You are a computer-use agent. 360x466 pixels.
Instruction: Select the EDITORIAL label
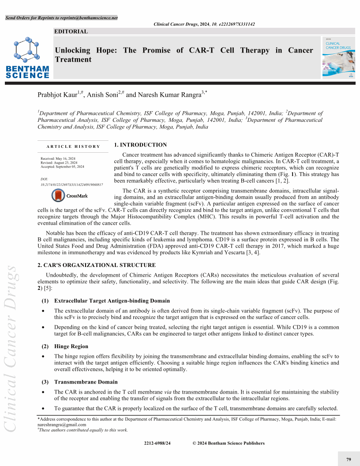coord(71,31)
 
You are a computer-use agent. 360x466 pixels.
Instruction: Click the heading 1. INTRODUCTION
coord(140,145)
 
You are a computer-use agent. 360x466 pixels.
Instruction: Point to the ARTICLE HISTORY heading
coord(73,147)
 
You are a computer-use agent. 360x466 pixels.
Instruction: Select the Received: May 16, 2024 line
coord(58,158)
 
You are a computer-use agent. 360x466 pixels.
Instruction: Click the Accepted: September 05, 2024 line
coord(62,167)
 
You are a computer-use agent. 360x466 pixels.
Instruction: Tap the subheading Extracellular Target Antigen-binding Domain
coord(112,301)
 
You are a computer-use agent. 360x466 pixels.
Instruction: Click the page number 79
coord(349,460)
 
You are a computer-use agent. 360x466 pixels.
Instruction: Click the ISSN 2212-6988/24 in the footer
coord(157,443)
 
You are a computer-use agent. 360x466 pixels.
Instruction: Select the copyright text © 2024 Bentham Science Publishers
coord(229,443)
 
